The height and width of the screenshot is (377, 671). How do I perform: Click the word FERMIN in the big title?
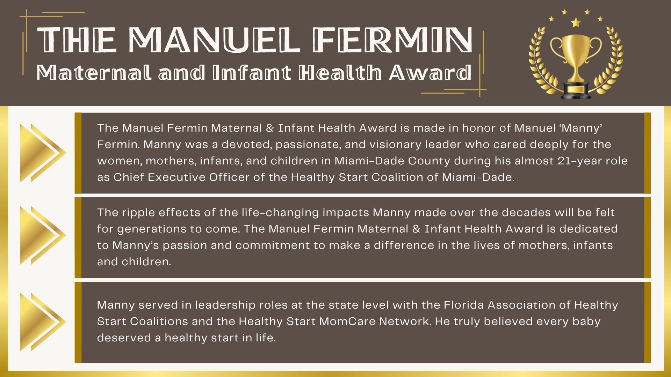(392, 40)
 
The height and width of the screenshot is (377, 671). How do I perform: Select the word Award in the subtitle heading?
(430, 73)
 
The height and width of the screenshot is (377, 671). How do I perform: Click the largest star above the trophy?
(576, 23)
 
